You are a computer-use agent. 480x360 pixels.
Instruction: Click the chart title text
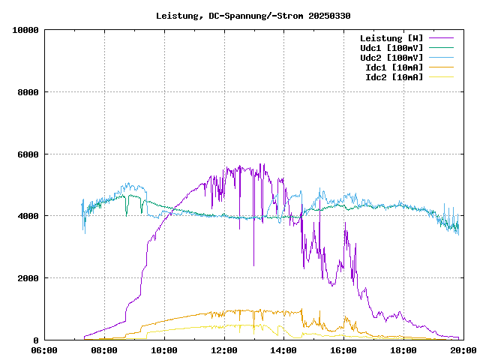(x=253, y=15)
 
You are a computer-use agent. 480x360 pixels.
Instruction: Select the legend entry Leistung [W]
(x=391, y=38)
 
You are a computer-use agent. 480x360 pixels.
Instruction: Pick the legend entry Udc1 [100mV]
(x=391, y=48)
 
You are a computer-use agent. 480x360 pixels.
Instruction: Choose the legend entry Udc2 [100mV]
(x=391, y=58)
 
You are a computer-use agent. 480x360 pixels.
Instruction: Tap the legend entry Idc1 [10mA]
(x=394, y=67)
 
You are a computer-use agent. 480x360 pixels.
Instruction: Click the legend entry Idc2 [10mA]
(x=394, y=77)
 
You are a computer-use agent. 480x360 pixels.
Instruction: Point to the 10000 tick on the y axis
(x=25, y=30)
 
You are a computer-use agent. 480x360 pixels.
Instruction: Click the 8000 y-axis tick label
(x=28, y=92)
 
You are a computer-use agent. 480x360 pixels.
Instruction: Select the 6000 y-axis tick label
(x=28, y=154)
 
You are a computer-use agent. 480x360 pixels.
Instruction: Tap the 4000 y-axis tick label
(x=28, y=216)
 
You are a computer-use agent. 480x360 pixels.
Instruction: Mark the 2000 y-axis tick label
(x=28, y=278)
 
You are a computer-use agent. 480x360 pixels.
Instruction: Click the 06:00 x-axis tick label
(x=44, y=349)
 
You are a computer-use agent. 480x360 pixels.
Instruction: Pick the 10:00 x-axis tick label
(x=164, y=349)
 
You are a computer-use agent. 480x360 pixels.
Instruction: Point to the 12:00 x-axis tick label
(x=224, y=349)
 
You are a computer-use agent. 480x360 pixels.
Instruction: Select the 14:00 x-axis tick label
(x=283, y=349)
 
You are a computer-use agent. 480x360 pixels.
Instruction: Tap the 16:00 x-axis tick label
(x=343, y=349)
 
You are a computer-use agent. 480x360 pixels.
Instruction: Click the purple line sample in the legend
(x=440, y=38)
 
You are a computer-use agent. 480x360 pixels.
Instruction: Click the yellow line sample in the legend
(x=440, y=77)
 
